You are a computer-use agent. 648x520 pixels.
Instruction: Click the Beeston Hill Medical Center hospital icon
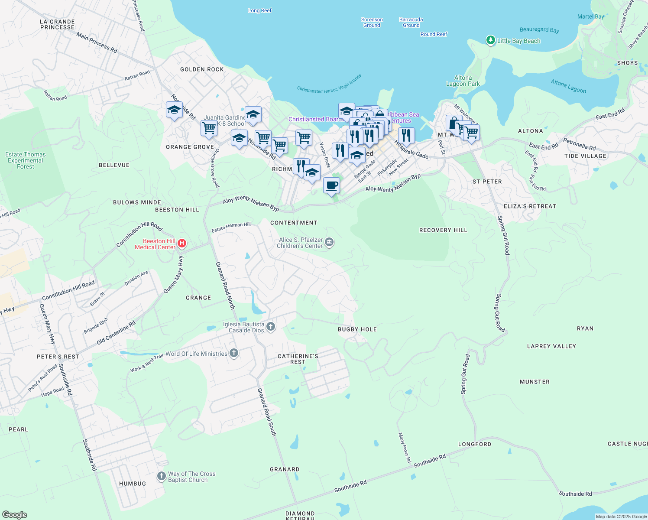[x=182, y=244]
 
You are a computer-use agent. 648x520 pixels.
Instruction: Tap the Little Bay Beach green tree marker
[x=490, y=40]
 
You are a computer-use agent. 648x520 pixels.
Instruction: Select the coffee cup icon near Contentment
[x=331, y=185]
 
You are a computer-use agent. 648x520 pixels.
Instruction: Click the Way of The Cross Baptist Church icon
[x=161, y=477]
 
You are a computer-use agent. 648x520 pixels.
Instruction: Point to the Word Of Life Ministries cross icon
[x=233, y=353]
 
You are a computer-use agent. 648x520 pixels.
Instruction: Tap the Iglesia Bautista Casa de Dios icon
[x=271, y=327]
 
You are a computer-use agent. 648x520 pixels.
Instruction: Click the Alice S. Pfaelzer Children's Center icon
[x=329, y=242]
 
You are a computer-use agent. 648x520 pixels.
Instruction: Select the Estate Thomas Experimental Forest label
[x=25, y=160]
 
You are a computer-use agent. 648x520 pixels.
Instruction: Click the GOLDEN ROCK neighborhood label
[x=202, y=69]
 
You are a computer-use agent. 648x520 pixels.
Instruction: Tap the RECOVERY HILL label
[x=443, y=230]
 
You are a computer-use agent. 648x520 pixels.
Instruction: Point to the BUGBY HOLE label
[x=357, y=329]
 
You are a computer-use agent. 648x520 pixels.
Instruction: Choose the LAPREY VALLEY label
[x=551, y=346]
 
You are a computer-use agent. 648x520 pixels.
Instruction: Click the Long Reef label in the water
[x=259, y=10]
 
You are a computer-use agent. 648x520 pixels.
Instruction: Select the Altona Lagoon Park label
[x=463, y=81]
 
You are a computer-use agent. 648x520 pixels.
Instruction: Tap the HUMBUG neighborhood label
[x=133, y=484]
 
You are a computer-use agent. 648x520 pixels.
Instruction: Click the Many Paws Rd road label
[x=404, y=448]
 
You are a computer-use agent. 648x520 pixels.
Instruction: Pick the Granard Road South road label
[x=266, y=412]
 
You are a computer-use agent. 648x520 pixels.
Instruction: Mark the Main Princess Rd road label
[x=97, y=42]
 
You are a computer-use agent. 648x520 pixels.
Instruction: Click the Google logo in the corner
[x=15, y=514]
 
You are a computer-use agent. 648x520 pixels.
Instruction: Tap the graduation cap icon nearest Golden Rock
[x=174, y=110]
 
